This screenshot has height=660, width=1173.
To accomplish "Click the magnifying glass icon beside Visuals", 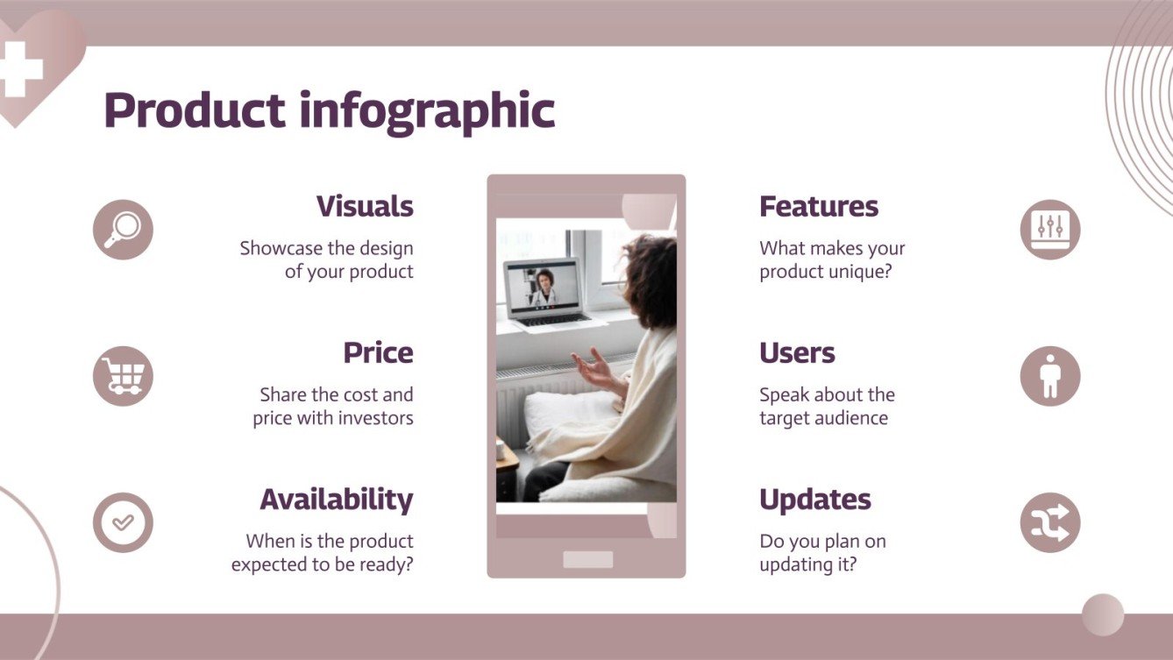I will click(123, 230).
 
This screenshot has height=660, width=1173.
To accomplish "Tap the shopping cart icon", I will click(123, 376).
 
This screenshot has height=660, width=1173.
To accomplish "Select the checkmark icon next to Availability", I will click(123, 522).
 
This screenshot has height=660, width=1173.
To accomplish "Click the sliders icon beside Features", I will click(1049, 230).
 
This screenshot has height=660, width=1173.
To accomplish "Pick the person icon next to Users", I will click(1049, 376).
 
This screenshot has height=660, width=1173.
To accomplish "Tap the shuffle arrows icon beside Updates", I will click(1049, 522).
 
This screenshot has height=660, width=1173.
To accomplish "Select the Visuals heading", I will click(364, 207).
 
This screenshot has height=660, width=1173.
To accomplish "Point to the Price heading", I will click(378, 353).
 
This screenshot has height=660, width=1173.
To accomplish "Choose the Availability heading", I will click(336, 500).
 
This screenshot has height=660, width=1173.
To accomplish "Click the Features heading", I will click(818, 207).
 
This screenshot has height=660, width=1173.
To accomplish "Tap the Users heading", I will click(796, 353).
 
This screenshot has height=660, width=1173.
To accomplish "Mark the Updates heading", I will click(814, 500).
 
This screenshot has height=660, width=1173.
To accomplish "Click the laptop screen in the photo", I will click(541, 285).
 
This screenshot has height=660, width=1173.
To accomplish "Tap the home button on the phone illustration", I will click(587, 559).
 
